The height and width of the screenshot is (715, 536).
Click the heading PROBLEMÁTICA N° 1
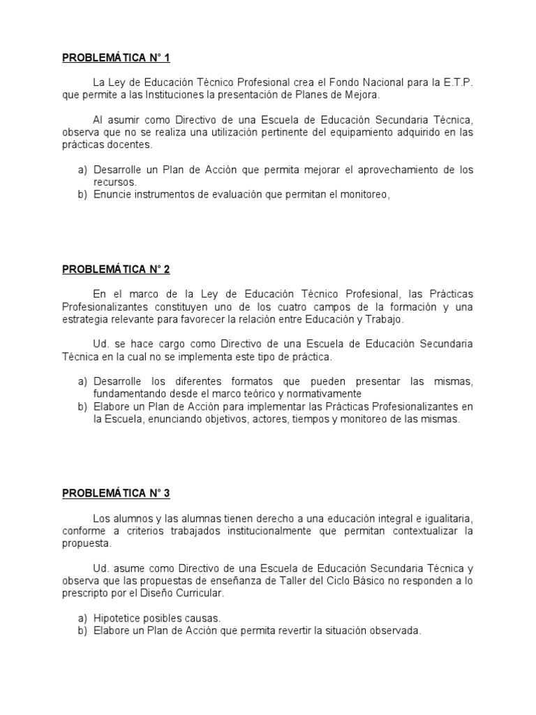pyautogui.click(x=116, y=57)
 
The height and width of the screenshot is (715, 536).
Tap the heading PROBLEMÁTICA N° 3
pyautogui.click(x=116, y=493)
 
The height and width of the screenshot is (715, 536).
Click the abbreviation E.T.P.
pyautogui.click(x=458, y=82)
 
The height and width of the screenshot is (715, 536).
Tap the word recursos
pyautogui.click(x=115, y=182)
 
